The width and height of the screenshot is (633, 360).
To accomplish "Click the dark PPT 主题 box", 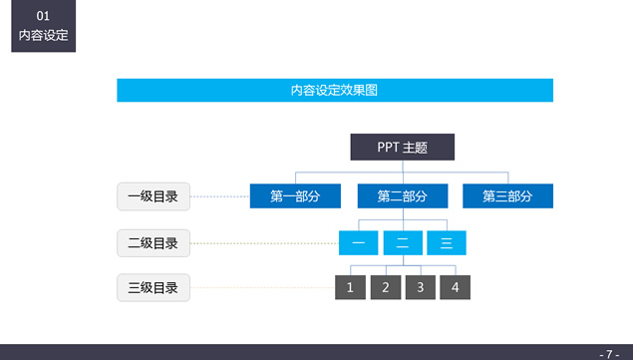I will pyautogui.click(x=402, y=147).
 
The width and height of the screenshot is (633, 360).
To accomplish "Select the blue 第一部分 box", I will pyautogui.click(x=295, y=195).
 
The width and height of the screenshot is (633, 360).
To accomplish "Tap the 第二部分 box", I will pyautogui.click(x=402, y=195).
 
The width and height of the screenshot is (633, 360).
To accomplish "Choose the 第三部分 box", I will pyautogui.click(x=507, y=195).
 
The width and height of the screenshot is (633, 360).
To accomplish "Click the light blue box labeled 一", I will pyautogui.click(x=358, y=242).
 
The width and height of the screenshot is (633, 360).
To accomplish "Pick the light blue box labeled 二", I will pyautogui.click(x=402, y=242).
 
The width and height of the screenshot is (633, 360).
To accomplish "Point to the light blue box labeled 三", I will pyautogui.click(x=446, y=242).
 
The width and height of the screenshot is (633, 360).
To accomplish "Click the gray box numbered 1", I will pyautogui.click(x=350, y=287).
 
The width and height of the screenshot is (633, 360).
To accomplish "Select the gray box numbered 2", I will pyautogui.click(x=385, y=287).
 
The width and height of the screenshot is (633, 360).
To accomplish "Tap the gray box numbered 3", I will pyautogui.click(x=420, y=287).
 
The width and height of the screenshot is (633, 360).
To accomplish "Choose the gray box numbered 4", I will pyautogui.click(x=455, y=287).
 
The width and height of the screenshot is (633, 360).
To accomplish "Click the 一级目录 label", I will pyautogui.click(x=153, y=196).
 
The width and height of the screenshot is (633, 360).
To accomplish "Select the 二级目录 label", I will pyautogui.click(x=153, y=242).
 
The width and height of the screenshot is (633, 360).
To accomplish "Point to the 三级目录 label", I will pyautogui.click(x=153, y=288).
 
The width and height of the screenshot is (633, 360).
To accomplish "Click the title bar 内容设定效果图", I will pyautogui.click(x=334, y=90).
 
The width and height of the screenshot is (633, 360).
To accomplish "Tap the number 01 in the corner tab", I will pyautogui.click(x=43, y=16).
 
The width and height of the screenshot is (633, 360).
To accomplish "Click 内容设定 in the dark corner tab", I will pyautogui.click(x=43, y=35).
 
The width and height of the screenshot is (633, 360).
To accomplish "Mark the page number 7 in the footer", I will pyautogui.click(x=609, y=353).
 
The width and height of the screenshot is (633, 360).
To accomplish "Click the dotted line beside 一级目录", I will pyautogui.click(x=218, y=196).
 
